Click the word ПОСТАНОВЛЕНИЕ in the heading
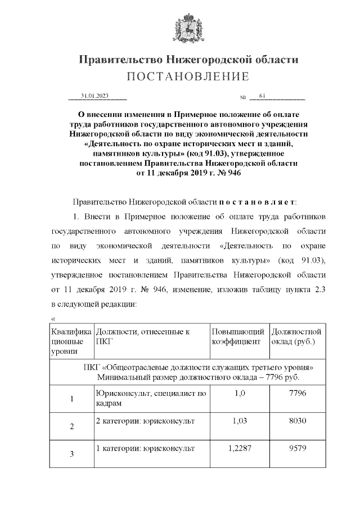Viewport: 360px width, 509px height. (187, 76)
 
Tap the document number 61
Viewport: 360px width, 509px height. (263, 96)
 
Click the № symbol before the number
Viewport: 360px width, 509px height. (244, 98)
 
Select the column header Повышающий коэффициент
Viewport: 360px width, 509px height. (236, 336)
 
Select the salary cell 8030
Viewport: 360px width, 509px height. (296, 421)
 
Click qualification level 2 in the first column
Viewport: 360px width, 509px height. (71, 427)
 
